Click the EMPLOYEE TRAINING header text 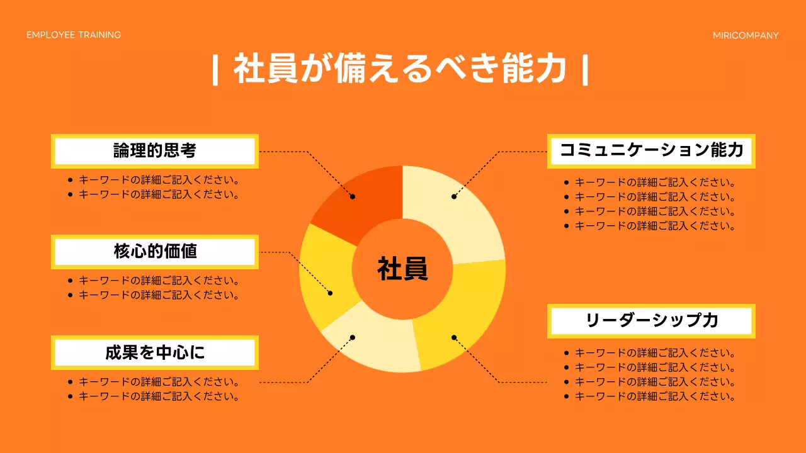click(74, 35)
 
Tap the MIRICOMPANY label click(746, 35)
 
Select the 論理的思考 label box click(155, 151)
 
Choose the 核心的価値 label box click(155, 252)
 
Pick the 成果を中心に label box click(155, 352)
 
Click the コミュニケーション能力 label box click(651, 150)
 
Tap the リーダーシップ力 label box click(651, 320)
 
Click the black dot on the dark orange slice click(353, 196)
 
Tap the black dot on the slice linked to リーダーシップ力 click(453, 337)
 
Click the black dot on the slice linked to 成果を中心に click(353, 338)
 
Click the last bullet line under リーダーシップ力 click(655, 396)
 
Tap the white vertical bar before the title click(215, 70)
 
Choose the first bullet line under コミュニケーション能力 click(655, 183)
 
